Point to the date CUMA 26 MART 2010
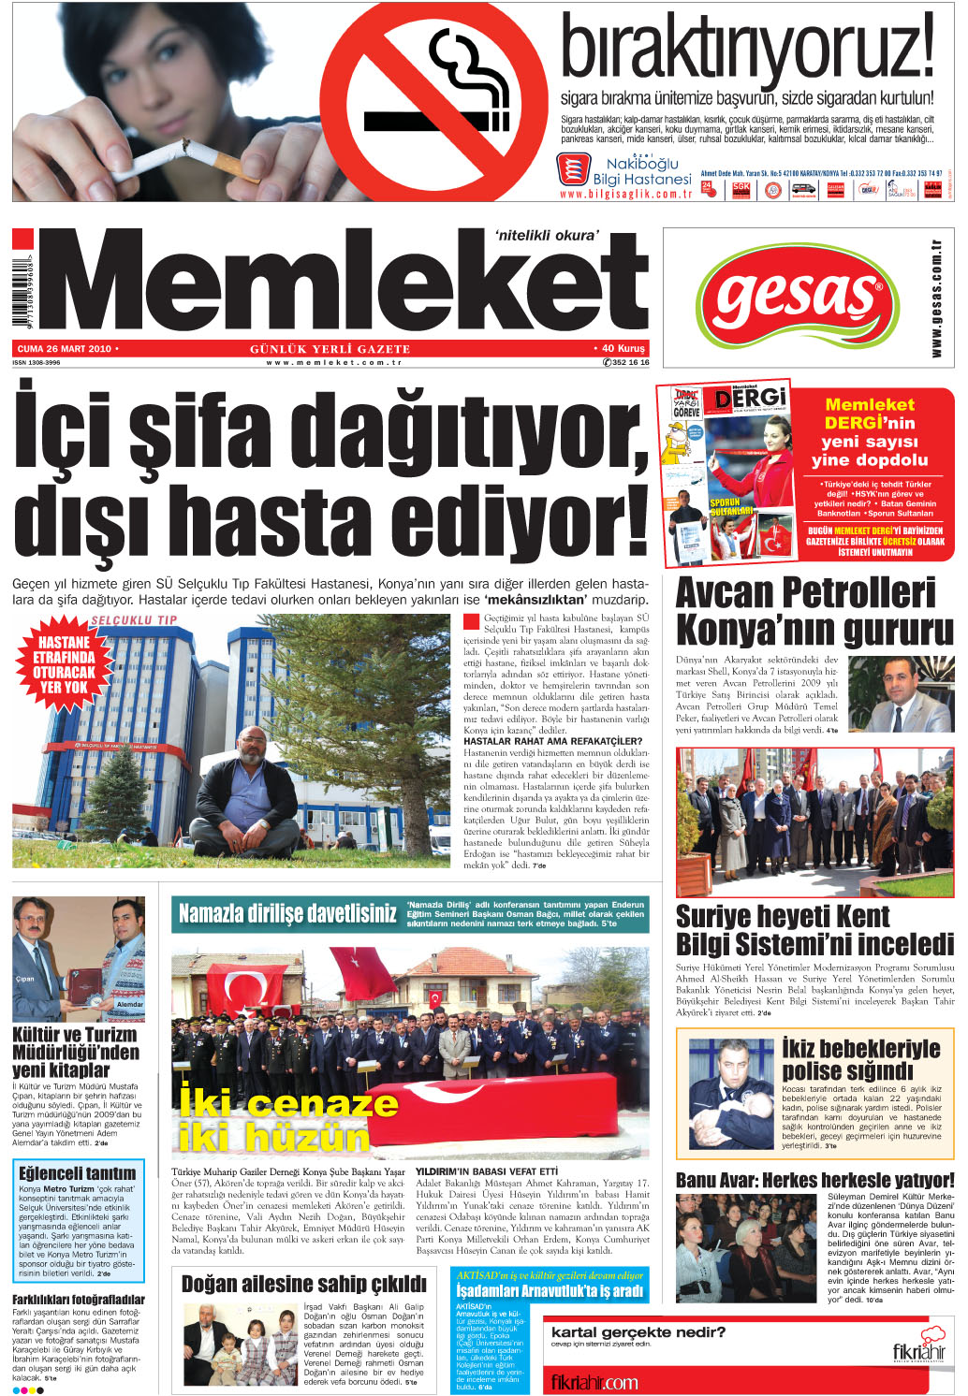64,349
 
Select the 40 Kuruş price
621,349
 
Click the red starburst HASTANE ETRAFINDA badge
65,662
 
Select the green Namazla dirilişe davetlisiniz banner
287,913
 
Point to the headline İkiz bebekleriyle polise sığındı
860,1058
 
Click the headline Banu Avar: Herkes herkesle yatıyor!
814,1180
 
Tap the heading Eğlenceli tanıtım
78,1172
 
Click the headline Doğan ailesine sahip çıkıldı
303,1284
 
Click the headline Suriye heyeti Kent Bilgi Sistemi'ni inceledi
814,929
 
